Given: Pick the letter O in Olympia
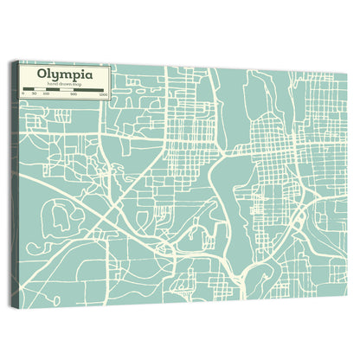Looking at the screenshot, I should (x=42, y=74).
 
